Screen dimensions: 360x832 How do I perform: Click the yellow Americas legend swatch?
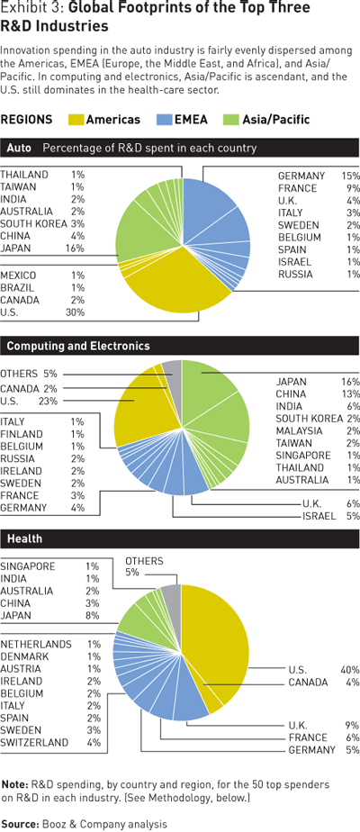tap(76, 120)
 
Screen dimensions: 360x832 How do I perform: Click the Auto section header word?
tap(19, 148)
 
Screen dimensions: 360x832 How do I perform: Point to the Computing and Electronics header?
tap(78, 346)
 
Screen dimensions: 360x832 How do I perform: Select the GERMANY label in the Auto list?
tap(301, 176)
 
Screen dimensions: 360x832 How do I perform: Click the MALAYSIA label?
tap(299, 430)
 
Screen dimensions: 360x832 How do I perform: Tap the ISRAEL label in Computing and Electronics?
tap(318, 516)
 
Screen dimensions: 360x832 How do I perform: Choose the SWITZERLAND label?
tap(34, 742)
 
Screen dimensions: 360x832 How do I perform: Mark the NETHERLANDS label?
tap(36, 644)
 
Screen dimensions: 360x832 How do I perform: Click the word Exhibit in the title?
tap(22, 8)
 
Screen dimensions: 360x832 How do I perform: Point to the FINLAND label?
tap(22, 434)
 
